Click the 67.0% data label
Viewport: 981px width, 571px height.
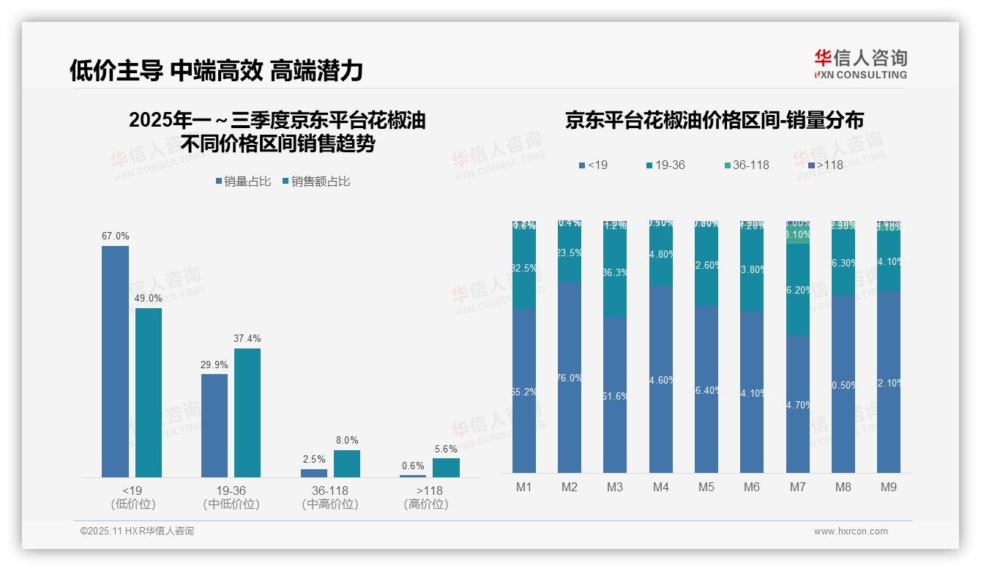(115, 236)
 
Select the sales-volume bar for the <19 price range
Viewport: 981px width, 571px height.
(115, 362)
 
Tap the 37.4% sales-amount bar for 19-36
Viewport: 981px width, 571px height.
(247, 413)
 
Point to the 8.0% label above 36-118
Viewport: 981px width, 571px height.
(347, 441)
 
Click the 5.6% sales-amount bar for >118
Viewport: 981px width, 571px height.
(446, 468)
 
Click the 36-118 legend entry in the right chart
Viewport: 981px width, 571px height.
(747, 165)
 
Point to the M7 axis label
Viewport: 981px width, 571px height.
(797, 488)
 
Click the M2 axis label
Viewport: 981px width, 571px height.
(570, 488)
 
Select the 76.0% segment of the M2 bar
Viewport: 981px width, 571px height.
(570, 378)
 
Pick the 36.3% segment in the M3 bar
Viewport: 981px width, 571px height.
(615, 272)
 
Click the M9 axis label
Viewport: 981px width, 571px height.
(888, 488)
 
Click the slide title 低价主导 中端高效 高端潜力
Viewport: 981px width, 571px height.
(216, 71)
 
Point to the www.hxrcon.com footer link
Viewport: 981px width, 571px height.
(851, 531)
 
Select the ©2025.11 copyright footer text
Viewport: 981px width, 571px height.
(137, 531)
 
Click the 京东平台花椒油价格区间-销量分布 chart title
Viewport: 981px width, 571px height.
(714, 121)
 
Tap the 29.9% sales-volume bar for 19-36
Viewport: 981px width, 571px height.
(215, 425)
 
